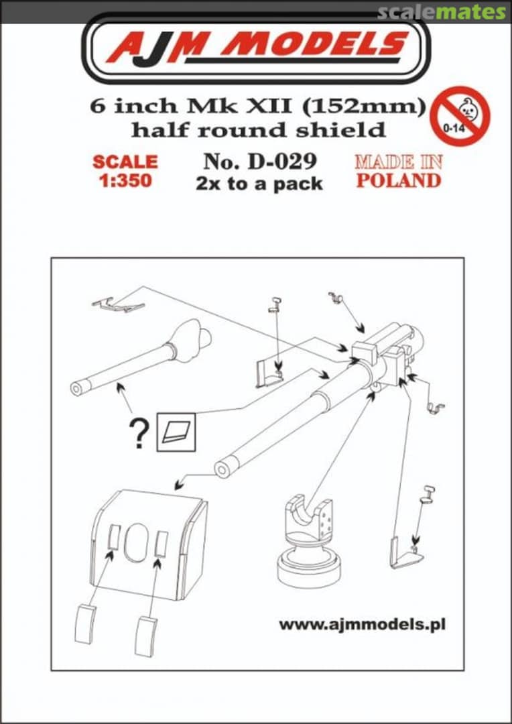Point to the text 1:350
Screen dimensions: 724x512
click(x=125, y=181)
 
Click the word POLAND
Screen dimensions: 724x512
click(x=398, y=180)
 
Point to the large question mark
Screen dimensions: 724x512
click(x=139, y=434)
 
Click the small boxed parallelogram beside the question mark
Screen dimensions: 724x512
click(x=176, y=431)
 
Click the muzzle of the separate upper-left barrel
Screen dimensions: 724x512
click(x=78, y=389)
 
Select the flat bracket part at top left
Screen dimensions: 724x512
click(x=118, y=305)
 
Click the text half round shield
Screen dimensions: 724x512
click(x=258, y=129)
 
